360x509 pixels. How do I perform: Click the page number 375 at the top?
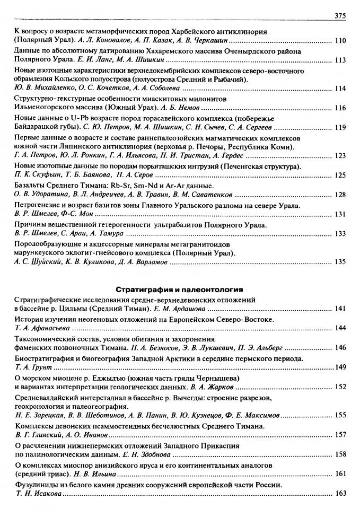click(340, 16)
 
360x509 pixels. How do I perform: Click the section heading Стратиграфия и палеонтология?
click(179, 289)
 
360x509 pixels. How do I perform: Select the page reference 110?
click(340, 40)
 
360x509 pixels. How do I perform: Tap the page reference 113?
click(340, 60)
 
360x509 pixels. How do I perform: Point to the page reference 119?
click(340, 127)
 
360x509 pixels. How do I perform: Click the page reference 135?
click(340, 261)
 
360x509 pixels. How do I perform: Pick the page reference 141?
click(340, 309)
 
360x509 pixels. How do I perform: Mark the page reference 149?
click(340, 367)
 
